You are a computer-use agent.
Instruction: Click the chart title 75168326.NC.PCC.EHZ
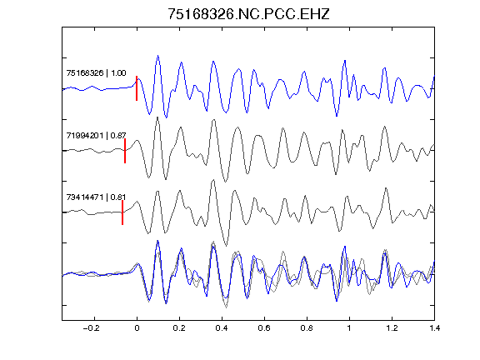coord(248,14)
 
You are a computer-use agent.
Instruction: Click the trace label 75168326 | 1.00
coord(96,72)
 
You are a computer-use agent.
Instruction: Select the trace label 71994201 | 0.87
coord(96,135)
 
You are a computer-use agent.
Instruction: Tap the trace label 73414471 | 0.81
coord(96,197)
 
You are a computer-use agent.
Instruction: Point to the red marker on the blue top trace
coord(137,88)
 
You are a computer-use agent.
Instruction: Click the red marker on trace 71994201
coord(125,151)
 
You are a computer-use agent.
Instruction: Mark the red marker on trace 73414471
coord(122,212)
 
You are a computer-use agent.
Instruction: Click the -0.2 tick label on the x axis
coord(92,328)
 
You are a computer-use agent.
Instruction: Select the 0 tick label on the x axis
coord(137,328)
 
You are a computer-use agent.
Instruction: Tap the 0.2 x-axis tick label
coord(179,328)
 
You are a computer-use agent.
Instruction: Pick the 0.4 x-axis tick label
coord(222,328)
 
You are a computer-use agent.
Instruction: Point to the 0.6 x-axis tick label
coord(264,328)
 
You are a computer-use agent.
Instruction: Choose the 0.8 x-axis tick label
coord(307,328)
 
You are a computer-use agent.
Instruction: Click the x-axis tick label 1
coord(349,328)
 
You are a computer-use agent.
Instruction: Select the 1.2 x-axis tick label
coord(392,328)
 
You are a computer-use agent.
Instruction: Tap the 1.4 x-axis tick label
coord(434,328)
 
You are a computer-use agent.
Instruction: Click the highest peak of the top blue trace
coord(158,56)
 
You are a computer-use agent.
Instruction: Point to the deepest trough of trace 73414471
coord(226,246)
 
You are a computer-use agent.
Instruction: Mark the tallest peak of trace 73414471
coord(213,181)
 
